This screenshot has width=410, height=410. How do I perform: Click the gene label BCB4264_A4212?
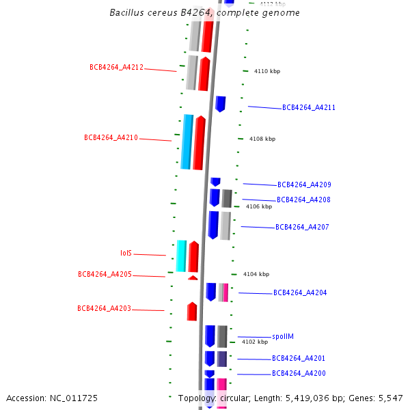(116, 67)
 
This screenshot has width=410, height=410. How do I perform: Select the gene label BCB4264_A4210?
(111, 137)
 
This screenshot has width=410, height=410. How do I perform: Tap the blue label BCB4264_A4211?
(309, 108)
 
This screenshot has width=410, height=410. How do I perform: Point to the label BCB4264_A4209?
(304, 184)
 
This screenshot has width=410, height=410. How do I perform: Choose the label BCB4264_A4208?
(303, 200)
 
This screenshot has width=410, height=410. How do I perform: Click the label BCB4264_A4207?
(303, 227)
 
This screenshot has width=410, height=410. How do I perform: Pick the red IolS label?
(126, 253)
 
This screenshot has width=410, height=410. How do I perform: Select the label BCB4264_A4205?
(105, 274)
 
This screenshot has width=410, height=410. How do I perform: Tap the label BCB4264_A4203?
(104, 308)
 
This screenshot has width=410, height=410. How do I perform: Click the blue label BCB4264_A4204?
(300, 292)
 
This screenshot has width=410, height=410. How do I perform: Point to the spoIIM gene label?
(283, 336)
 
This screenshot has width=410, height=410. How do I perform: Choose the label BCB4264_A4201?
(299, 358)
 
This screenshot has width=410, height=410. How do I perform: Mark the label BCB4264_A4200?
(299, 373)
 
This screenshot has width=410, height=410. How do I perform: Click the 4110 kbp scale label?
(267, 71)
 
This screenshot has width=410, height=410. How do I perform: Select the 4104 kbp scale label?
(256, 274)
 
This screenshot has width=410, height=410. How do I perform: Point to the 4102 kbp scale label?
(255, 342)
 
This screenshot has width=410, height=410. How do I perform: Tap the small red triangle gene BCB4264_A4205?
(193, 277)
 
